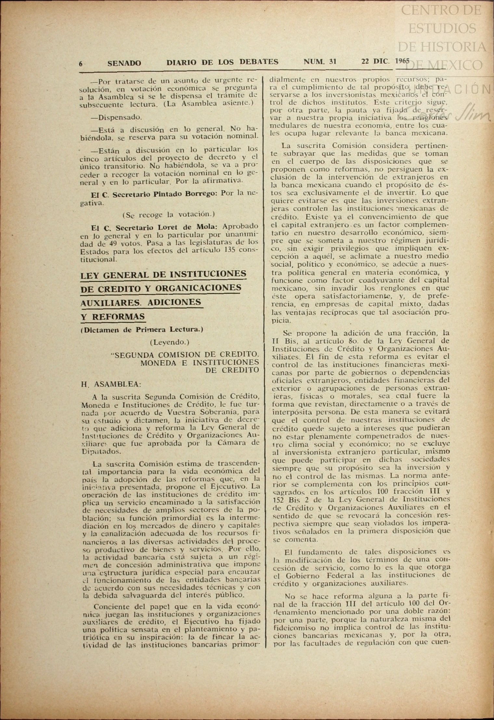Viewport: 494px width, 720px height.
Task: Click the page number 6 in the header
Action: pyautogui.click(x=81, y=64)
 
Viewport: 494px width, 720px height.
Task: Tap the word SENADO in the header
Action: pyautogui.click(x=124, y=63)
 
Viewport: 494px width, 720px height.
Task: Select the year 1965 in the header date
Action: pyautogui.click(x=403, y=61)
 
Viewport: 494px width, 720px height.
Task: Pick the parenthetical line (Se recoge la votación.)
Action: pyautogui.click(x=169, y=215)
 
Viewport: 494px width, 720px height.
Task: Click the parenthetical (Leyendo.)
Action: pyautogui.click(x=170, y=342)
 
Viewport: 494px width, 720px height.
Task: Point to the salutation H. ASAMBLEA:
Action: pyautogui.click(x=110, y=384)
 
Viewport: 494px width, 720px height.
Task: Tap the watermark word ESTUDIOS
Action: pyautogui.click(x=442, y=29)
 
